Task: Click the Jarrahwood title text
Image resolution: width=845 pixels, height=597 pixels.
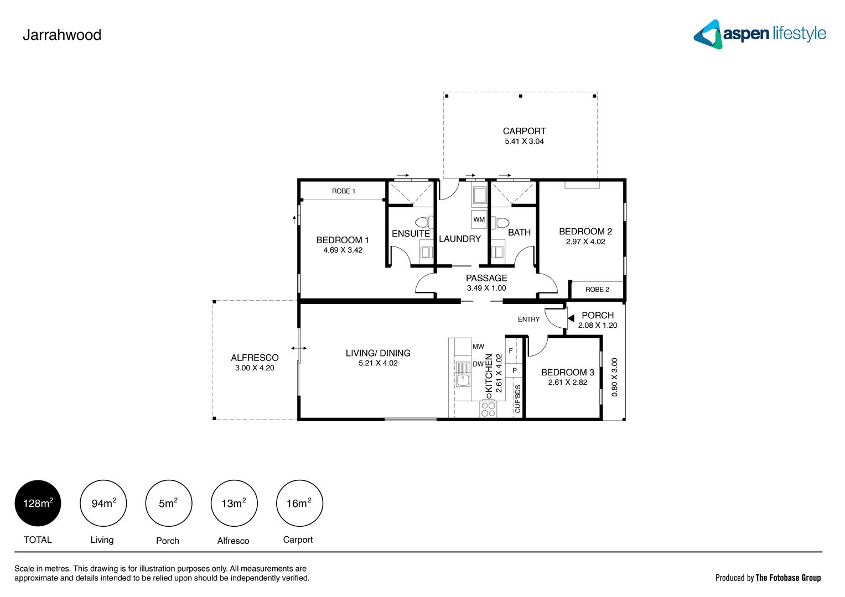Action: (x=62, y=35)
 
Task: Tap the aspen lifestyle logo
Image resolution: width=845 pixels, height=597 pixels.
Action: (x=759, y=34)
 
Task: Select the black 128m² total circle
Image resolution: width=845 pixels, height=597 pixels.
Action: (x=38, y=503)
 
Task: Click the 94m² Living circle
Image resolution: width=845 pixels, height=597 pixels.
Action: (x=103, y=503)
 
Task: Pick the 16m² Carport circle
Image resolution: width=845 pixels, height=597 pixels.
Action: (x=299, y=503)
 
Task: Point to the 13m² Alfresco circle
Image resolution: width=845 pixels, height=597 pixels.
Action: (x=234, y=503)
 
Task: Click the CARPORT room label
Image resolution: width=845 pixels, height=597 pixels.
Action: (x=524, y=131)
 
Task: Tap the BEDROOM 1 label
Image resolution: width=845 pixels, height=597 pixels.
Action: (x=343, y=240)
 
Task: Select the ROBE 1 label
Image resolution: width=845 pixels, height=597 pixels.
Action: (x=343, y=191)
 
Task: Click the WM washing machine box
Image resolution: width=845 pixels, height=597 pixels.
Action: (x=479, y=219)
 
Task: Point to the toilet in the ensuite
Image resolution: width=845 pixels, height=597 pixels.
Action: (x=423, y=222)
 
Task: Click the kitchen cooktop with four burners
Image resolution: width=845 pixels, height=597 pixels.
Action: (x=488, y=409)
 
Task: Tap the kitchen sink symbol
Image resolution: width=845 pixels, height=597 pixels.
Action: (x=463, y=380)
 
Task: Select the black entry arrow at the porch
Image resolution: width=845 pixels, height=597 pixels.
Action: (x=571, y=318)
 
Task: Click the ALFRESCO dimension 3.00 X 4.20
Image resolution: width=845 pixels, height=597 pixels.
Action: (x=255, y=368)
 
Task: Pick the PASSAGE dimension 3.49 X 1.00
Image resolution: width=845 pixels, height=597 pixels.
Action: (x=486, y=288)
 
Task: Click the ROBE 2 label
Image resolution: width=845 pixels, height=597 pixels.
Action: (x=597, y=289)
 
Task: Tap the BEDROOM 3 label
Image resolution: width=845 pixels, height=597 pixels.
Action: (x=567, y=372)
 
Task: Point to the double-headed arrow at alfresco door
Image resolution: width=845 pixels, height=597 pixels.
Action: (x=299, y=348)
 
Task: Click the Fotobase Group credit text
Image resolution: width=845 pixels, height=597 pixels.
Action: (x=768, y=578)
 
